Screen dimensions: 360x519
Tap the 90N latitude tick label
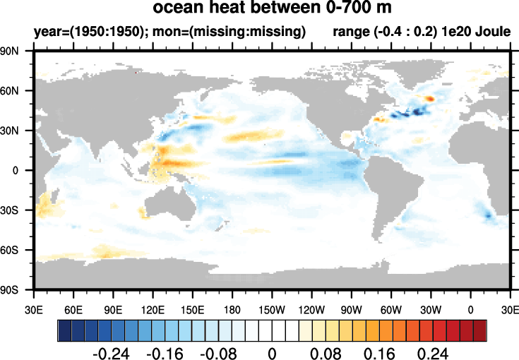[16, 52]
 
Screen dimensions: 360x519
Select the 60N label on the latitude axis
[16, 91]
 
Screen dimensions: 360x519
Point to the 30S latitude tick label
[16, 210]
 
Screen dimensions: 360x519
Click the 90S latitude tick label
[16, 289]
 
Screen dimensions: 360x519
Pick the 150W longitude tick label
[311, 309]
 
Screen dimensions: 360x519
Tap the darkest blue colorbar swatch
[64, 330]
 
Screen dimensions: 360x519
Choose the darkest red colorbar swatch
[480, 330]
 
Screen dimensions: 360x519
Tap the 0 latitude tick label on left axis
[23, 170]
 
